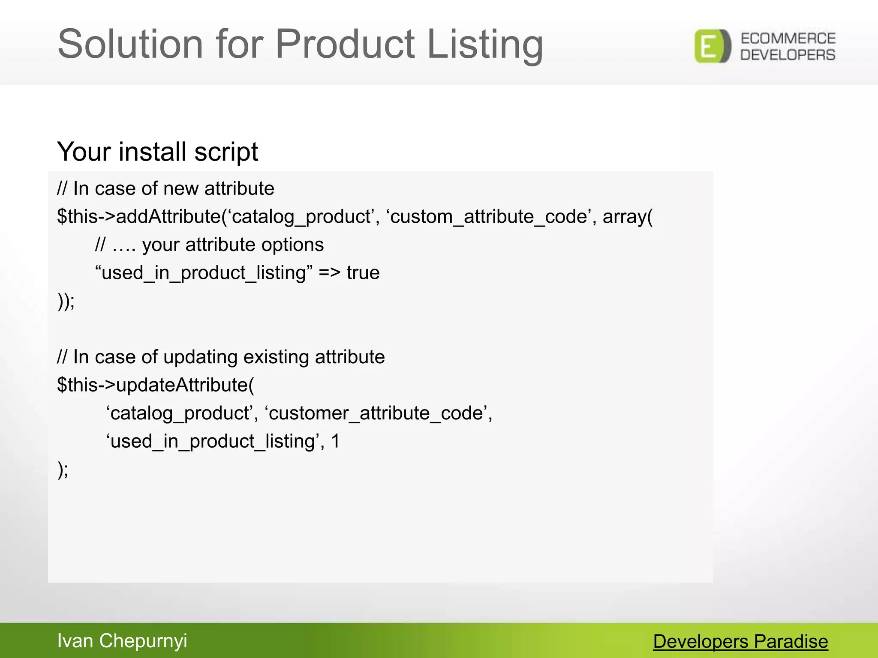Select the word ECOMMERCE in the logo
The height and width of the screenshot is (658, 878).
(x=788, y=39)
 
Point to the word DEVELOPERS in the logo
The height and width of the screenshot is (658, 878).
(x=788, y=55)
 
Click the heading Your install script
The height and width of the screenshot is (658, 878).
(x=157, y=152)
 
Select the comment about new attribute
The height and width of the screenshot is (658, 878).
(x=165, y=188)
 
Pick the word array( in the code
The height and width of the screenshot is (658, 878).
(x=628, y=216)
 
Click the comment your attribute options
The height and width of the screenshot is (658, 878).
(x=209, y=245)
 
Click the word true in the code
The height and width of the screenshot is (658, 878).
(x=363, y=273)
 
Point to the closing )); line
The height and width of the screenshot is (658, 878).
(x=66, y=301)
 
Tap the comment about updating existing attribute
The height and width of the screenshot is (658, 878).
(x=221, y=357)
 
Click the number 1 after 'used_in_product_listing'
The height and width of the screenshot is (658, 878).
(x=336, y=441)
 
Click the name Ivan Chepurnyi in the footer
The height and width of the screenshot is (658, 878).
(x=122, y=641)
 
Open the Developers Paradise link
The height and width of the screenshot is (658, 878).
(x=740, y=642)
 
